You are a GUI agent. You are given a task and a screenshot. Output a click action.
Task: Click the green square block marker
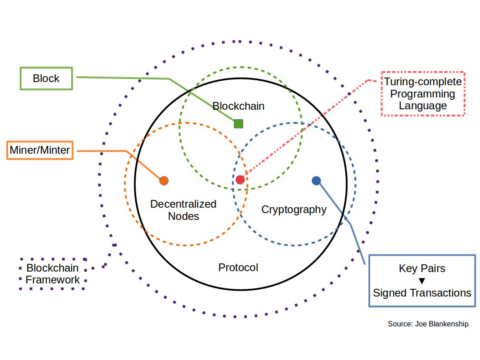(239, 123)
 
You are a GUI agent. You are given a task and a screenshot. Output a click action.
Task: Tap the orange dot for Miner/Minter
(164, 180)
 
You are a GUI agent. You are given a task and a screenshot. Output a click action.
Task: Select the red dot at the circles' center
(240, 180)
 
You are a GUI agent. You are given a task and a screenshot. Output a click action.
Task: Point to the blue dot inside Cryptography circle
(317, 180)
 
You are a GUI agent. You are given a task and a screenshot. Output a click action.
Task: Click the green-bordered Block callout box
(46, 78)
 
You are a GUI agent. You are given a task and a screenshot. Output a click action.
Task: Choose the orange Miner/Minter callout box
(40, 150)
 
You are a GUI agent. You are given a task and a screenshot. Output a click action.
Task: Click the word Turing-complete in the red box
(423, 82)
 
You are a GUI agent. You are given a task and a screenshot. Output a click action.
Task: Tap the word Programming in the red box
(423, 94)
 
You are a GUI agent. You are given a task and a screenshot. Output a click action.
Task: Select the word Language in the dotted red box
(423, 106)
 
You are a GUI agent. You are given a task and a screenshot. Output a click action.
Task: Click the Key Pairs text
(422, 268)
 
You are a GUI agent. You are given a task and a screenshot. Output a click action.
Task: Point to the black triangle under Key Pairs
(422, 281)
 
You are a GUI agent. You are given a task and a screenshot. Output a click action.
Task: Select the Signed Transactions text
(422, 293)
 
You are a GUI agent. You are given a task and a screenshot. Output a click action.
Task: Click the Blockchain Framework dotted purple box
(53, 274)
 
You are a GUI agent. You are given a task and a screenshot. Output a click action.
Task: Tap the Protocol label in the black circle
(238, 268)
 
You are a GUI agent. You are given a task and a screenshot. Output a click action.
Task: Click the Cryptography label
(294, 209)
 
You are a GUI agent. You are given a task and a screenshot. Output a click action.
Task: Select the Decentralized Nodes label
(183, 210)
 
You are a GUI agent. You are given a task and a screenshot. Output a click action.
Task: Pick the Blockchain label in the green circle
(239, 106)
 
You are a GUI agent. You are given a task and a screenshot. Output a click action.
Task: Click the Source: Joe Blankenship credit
(428, 324)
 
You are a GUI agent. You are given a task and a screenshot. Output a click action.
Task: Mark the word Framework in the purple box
(53, 280)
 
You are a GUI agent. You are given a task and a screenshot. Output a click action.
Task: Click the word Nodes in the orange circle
(183, 216)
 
